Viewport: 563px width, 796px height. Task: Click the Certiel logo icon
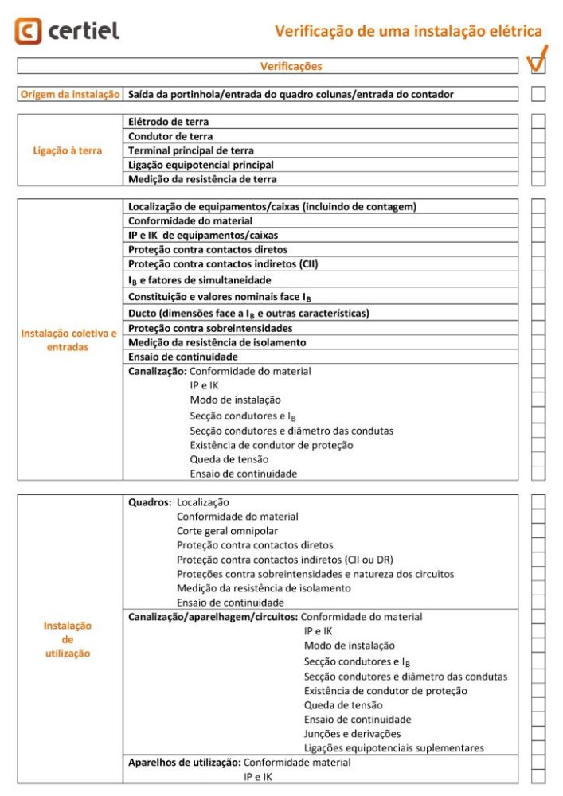28,31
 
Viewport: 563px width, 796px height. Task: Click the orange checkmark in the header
538,59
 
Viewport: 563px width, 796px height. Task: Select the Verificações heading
291,66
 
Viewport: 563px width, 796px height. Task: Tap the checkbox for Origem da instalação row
538,94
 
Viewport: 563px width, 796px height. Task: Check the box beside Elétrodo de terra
538,122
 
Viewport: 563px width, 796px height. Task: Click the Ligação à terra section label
68,150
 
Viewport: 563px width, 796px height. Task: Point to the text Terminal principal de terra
191,150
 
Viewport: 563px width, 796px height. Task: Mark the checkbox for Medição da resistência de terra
538,179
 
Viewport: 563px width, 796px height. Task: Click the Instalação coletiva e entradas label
68,340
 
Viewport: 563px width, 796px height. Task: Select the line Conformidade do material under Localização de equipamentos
190,220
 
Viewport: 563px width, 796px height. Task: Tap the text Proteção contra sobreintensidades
210,328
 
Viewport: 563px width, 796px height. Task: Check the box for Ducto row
538,314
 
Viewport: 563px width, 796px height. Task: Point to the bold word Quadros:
150,502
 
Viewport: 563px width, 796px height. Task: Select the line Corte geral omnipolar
228,531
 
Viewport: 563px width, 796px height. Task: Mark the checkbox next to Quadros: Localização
538,502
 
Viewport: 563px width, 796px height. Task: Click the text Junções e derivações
352,733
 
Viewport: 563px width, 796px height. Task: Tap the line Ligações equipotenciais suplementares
393,747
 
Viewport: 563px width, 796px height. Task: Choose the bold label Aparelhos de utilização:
184,762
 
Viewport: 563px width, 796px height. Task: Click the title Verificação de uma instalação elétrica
409,31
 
